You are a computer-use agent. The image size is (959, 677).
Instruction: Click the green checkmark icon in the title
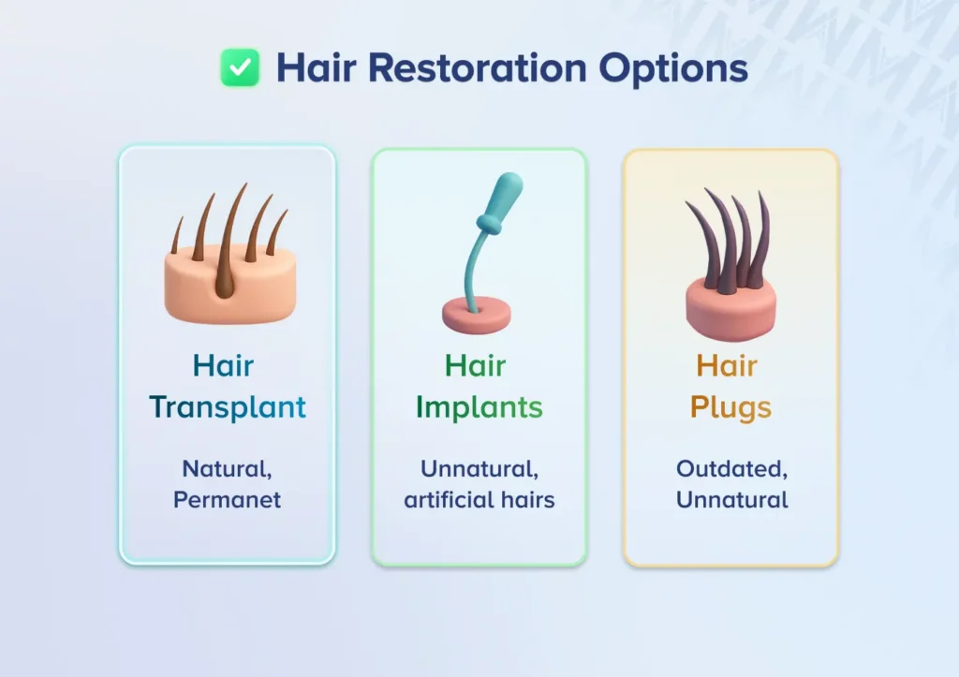pos(240,67)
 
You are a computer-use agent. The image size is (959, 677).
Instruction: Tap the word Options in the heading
pos(672,68)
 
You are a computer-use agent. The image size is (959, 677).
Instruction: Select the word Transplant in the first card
pos(228,407)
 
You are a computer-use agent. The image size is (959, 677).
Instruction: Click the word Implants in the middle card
pos(479,407)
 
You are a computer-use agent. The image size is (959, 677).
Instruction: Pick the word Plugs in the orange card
pos(730,407)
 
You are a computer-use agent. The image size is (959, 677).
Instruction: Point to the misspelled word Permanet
pos(227,500)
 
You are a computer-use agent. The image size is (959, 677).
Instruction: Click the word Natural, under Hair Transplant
pos(227,469)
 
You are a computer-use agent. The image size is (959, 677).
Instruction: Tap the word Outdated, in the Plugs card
pos(732,469)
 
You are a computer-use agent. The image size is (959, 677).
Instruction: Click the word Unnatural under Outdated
pos(732,500)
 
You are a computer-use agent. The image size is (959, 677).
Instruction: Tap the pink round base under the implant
pos(477,315)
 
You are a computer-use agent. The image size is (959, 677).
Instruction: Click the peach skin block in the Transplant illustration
pos(230,287)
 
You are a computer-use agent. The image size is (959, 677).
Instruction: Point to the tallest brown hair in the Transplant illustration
pos(230,242)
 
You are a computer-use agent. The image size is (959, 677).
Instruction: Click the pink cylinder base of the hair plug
pos(730,309)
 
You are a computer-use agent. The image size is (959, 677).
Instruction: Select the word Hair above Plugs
pos(727,366)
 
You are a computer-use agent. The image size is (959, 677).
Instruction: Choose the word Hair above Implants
pos(475,366)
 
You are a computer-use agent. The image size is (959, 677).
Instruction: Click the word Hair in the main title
pos(317,67)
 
